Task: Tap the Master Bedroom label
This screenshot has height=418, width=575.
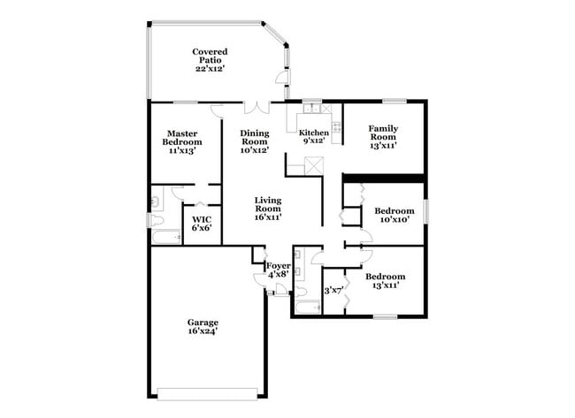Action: (x=181, y=141)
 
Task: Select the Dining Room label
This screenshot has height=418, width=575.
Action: (x=255, y=141)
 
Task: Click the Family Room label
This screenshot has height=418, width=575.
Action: (x=383, y=136)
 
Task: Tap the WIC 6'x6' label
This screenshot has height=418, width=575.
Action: (x=201, y=222)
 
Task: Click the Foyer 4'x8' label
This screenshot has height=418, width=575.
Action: (x=279, y=270)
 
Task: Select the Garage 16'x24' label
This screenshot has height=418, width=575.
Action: (x=203, y=326)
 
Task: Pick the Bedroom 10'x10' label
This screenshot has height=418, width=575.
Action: (x=394, y=216)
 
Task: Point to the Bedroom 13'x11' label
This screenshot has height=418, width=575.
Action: (x=386, y=281)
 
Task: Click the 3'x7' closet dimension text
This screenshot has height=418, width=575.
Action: (x=333, y=290)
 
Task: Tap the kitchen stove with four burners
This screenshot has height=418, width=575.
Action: (x=337, y=125)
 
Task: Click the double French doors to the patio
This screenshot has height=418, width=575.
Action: (x=257, y=106)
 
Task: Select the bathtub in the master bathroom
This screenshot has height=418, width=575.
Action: (x=166, y=237)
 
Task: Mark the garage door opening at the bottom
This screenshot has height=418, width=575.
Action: (x=208, y=393)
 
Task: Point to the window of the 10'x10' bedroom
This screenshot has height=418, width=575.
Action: (x=425, y=211)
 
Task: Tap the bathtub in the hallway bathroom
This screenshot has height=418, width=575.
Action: (x=307, y=308)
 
